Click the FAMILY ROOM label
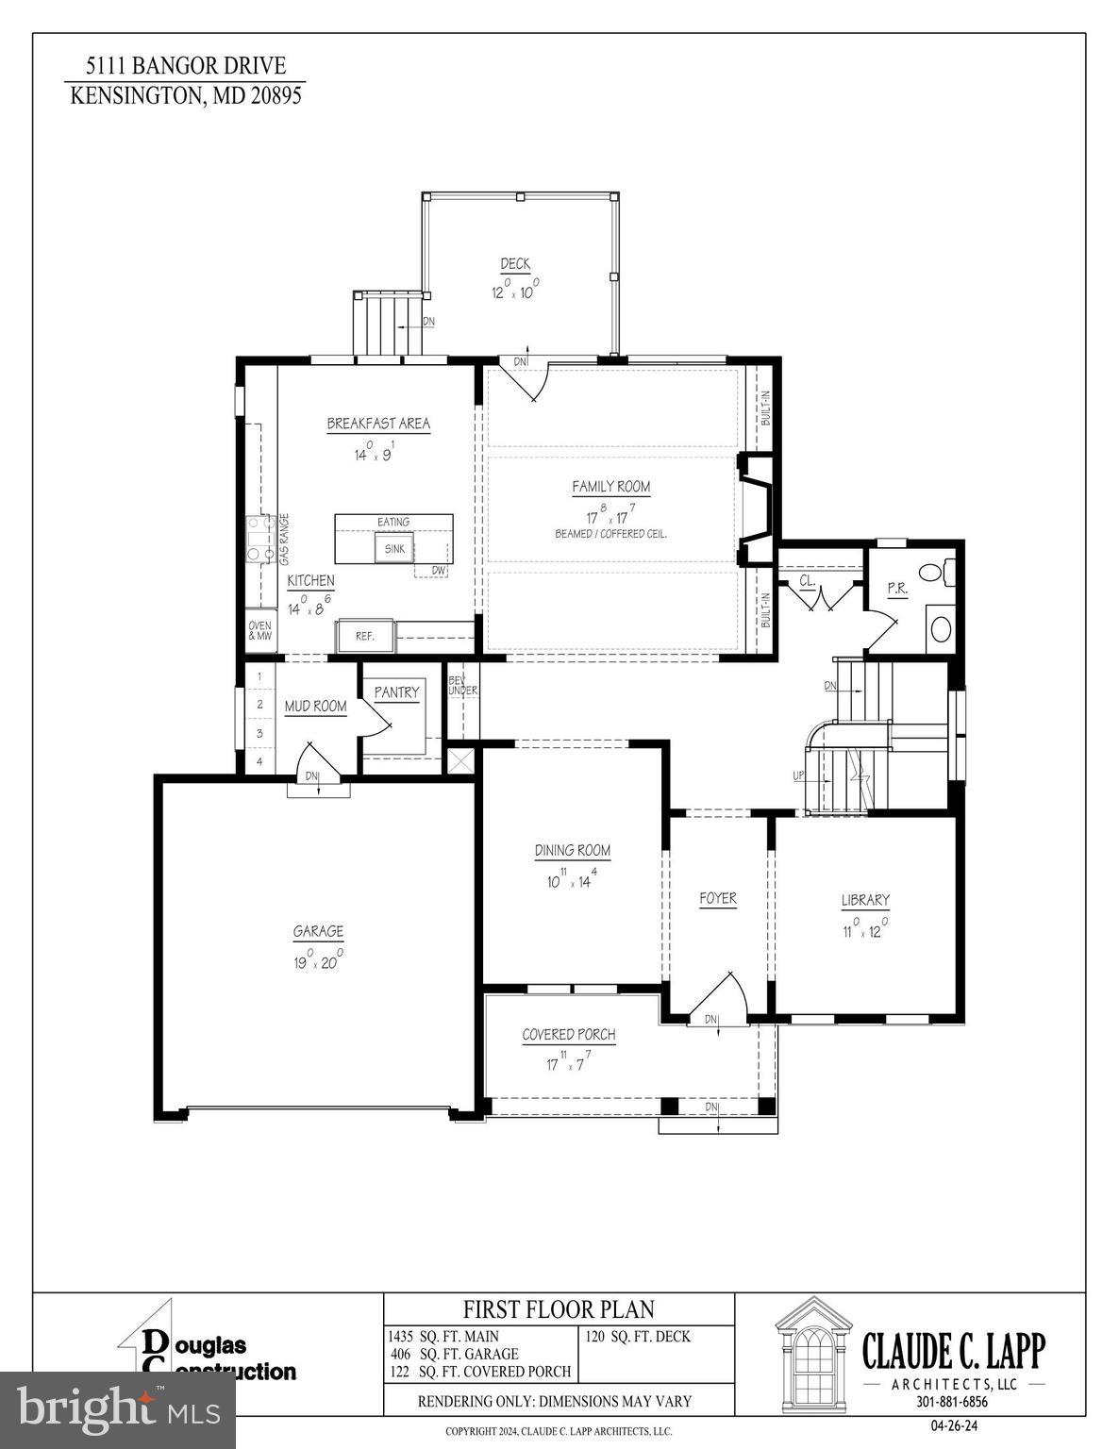click(x=610, y=487)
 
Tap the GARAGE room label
click(x=318, y=931)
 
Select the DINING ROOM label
click(x=572, y=850)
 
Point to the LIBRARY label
click(x=865, y=900)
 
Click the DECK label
click(x=515, y=264)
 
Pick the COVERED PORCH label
click(x=569, y=1035)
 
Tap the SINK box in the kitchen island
click(x=394, y=548)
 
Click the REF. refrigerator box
click(x=365, y=637)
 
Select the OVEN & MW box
click(x=259, y=631)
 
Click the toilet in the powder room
click(x=933, y=572)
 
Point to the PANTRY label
click(x=396, y=692)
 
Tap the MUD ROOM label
click(x=315, y=706)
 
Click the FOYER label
click(x=718, y=898)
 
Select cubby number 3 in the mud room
click(x=259, y=733)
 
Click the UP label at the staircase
click(x=798, y=775)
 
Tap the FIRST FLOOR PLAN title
click(x=559, y=1309)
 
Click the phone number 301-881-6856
click(x=952, y=1402)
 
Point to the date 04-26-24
click(x=952, y=1425)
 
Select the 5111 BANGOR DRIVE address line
click(x=185, y=66)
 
